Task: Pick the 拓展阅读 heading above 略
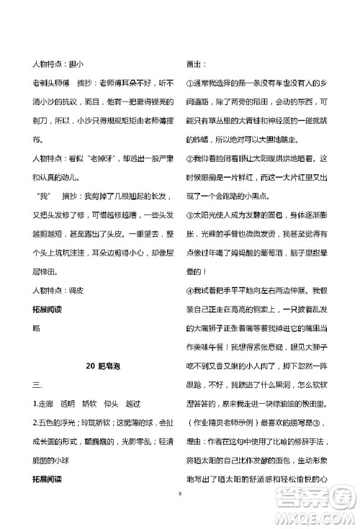[x=49, y=308]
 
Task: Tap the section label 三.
[x=37, y=386]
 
